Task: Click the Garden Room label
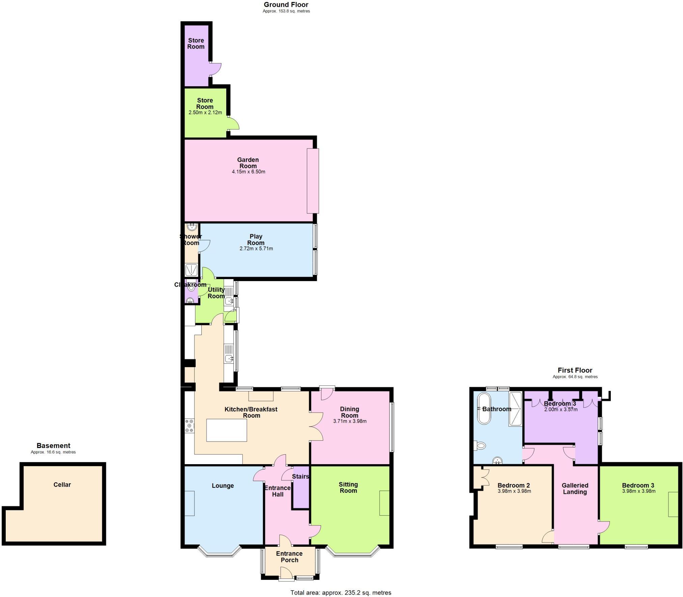(248, 163)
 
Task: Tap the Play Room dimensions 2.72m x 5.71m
(256, 249)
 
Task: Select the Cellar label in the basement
(62, 485)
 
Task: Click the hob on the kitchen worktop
(189, 426)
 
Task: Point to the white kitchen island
(227, 430)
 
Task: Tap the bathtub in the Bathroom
(484, 408)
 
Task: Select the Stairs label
(301, 477)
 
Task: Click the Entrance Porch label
(289, 557)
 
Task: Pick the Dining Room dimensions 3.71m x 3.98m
(350, 421)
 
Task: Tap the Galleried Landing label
(575, 488)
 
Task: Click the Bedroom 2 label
(514, 485)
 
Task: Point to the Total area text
(341, 593)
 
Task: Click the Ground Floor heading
(286, 5)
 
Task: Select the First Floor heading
(575, 370)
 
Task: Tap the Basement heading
(53, 446)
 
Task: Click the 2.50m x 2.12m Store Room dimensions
(205, 113)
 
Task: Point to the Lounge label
(223, 486)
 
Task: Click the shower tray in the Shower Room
(191, 270)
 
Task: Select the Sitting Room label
(348, 487)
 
